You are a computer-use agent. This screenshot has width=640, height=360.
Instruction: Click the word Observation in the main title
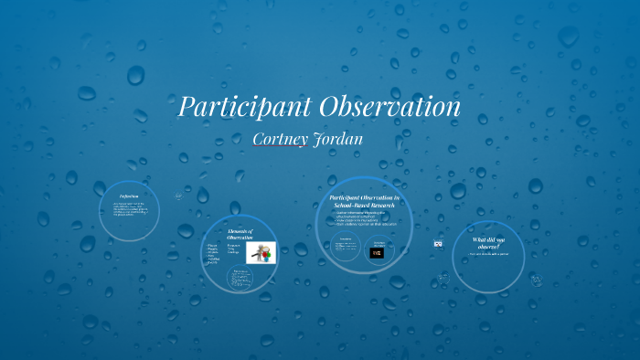[388, 107]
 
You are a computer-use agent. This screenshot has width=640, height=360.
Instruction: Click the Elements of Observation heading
[240, 236]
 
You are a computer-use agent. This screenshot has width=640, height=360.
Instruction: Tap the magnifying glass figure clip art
[261, 253]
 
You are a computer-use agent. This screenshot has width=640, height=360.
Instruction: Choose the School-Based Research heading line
[363, 206]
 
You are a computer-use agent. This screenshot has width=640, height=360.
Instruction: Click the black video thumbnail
[377, 253]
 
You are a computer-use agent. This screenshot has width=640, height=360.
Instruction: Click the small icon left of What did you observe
[438, 244]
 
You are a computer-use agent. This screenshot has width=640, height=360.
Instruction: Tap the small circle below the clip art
[241, 279]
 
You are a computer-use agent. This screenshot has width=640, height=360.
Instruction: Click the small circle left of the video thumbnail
[346, 249]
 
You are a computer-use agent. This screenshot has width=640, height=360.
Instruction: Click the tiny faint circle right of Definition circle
[178, 196]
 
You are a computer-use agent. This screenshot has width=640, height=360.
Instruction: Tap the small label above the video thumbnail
[377, 242]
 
